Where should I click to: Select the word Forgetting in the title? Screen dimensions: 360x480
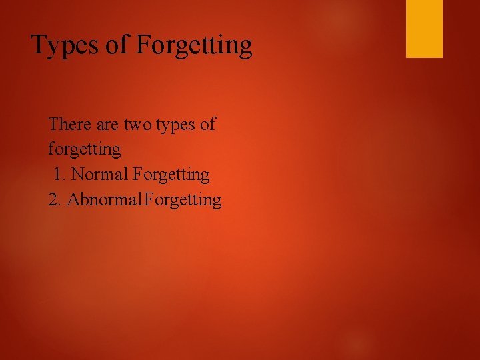tap(194, 46)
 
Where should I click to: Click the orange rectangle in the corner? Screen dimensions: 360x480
tap(424, 29)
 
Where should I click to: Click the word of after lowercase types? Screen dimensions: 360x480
tap(208, 125)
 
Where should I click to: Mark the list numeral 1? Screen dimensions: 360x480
tap(59, 175)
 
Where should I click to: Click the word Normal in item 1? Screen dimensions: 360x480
tap(100, 175)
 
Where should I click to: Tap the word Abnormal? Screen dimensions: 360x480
tap(99, 199)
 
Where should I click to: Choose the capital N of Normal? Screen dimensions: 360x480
tap(77, 175)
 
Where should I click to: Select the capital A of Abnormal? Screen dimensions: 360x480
tap(72, 199)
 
